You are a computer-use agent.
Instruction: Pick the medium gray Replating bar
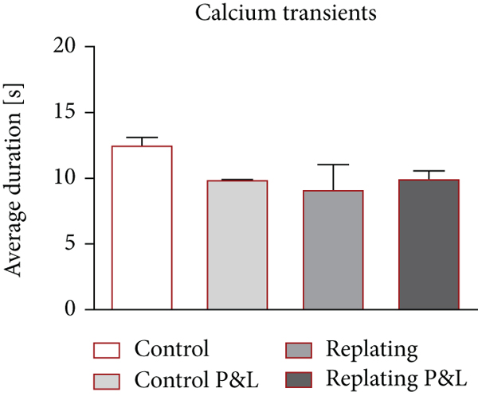point(333,250)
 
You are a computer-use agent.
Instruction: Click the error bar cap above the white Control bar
point(143,138)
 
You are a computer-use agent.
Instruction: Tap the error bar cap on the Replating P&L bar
point(429,171)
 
